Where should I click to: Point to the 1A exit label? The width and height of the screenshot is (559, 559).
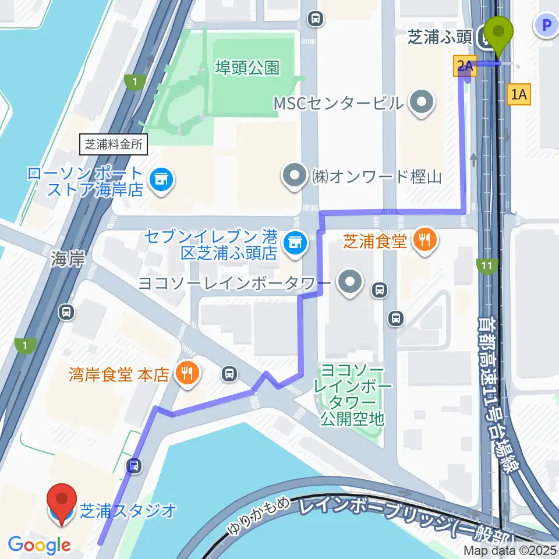pyautogui.click(x=519, y=94)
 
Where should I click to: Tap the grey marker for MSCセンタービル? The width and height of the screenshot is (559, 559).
pyautogui.click(x=422, y=103)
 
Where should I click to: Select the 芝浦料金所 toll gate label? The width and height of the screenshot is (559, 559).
pyautogui.click(x=114, y=144)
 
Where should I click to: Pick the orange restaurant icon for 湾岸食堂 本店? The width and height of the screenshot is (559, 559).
pyautogui.click(x=187, y=373)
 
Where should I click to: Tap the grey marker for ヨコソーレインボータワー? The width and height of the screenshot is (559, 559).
pyautogui.click(x=350, y=284)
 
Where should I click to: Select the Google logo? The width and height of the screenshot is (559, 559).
pyautogui.click(x=40, y=545)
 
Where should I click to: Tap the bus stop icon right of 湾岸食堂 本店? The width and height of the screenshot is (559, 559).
pyautogui.click(x=230, y=373)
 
